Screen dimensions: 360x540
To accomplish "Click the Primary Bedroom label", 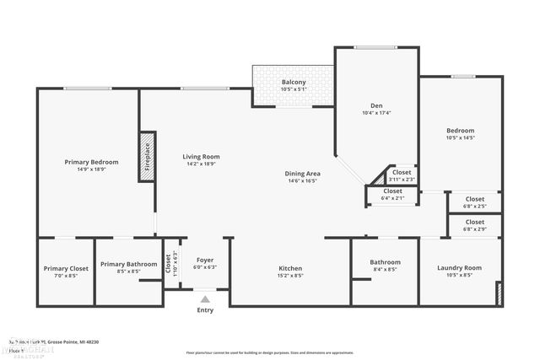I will click(91, 162).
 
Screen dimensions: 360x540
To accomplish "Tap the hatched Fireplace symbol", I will click(147, 156).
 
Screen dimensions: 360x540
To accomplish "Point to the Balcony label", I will click(294, 82).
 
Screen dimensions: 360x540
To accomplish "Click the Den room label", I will click(376, 105).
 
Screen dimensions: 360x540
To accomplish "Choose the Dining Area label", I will click(301, 174).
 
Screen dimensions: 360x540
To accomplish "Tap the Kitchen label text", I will click(290, 269).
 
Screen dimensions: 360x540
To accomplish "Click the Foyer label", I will click(205, 260).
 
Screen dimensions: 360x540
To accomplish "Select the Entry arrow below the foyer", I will click(205, 298).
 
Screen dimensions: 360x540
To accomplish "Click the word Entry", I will click(205, 310).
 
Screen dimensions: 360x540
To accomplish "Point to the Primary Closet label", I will click(66, 269).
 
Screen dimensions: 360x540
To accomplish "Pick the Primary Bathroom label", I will click(128, 264).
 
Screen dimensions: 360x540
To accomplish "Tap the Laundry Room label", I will click(459, 268).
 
